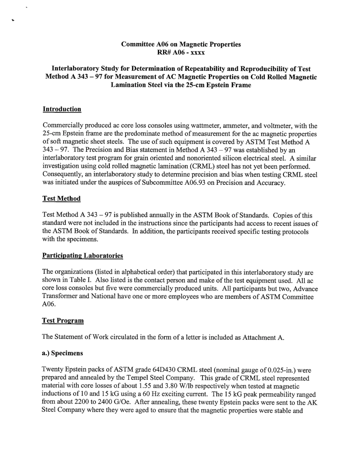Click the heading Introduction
tap(62, 109)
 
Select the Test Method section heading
tap(61, 198)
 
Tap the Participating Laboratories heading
tap(83, 256)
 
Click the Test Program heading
tap(63, 321)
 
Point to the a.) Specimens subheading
tap(62, 353)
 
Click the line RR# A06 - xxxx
tap(181, 52)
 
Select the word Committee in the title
tap(136, 44)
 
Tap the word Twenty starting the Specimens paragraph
tap(53, 370)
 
